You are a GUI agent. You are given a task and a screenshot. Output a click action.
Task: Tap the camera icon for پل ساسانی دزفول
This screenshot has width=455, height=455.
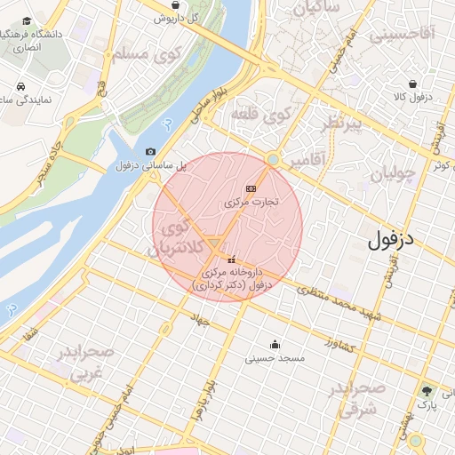click(x=150, y=152)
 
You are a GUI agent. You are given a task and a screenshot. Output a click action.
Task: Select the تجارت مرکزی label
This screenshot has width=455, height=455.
click(x=251, y=202)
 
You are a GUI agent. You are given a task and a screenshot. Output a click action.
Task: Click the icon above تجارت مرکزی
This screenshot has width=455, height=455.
click(x=251, y=188)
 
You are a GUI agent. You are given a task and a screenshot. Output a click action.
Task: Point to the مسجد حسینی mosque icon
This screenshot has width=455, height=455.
click(x=275, y=345)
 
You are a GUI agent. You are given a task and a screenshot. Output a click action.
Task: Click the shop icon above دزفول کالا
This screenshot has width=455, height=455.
click(x=437, y=79)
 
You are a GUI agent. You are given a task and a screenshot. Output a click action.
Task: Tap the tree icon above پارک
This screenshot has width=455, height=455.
click(x=427, y=392)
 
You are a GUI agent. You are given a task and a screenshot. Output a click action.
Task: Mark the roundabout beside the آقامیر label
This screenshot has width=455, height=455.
click(x=274, y=160)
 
